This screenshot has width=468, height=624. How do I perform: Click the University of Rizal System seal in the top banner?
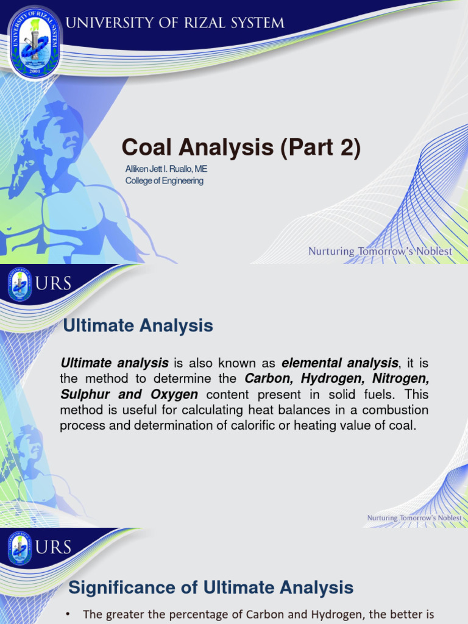(x=34, y=42)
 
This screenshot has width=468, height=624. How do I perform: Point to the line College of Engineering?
(x=164, y=180)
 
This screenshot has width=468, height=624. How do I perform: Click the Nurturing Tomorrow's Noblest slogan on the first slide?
(x=380, y=251)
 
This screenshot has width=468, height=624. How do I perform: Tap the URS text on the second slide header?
(x=55, y=284)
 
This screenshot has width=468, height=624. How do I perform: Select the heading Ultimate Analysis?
(x=138, y=326)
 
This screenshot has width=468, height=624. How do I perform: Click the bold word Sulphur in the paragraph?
(x=85, y=394)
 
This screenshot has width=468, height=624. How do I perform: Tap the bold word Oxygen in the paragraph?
(x=175, y=394)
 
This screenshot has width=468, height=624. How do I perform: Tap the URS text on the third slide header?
(x=55, y=547)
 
